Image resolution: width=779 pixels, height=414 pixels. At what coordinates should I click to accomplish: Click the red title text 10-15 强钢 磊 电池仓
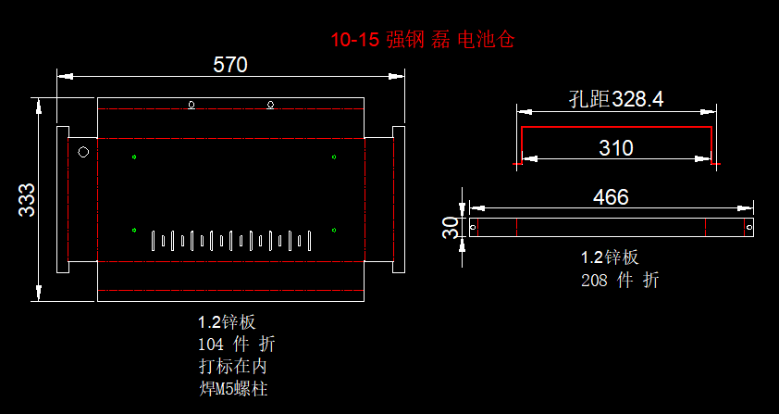(422, 40)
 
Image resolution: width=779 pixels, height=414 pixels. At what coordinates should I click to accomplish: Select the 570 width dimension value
(230, 65)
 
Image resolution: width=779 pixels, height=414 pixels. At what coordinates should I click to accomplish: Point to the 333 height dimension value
(27, 199)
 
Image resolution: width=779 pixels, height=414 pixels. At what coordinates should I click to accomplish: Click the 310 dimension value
(615, 148)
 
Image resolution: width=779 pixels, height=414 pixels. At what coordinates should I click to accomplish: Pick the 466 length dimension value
(611, 197)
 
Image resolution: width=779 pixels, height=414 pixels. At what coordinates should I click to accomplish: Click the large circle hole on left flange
(82, 152)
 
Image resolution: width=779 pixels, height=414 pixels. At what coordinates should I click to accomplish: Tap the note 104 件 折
(236, 345)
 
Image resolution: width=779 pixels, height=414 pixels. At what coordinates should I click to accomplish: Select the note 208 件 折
(620, 280)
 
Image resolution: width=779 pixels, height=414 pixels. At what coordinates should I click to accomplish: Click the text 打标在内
(232, 367)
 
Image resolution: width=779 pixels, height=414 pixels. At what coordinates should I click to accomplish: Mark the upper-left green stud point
(134, 156)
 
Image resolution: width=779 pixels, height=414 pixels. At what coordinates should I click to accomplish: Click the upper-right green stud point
(334, 156)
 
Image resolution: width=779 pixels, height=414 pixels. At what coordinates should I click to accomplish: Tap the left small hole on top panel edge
(192, 104)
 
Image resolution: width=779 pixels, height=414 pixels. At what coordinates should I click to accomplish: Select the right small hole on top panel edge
(271, 104)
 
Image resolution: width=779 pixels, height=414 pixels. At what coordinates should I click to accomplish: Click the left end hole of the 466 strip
(474, 227)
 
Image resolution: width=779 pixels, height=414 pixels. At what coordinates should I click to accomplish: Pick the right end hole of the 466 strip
(749, 227)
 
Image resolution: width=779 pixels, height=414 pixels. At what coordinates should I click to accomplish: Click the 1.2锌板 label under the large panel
(227, 322)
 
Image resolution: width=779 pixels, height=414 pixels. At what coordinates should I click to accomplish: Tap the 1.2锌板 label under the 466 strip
(610, 257)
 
